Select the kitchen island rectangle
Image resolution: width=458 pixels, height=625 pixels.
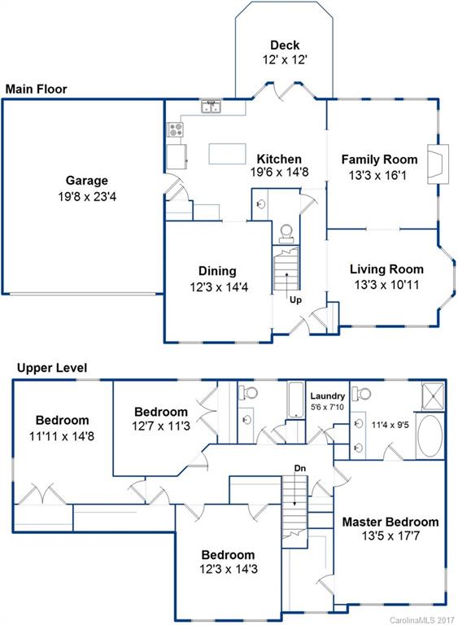coord(228,154)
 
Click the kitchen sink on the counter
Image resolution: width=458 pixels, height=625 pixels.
coord(213,107)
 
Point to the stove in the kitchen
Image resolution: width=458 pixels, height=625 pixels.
coord(175,129)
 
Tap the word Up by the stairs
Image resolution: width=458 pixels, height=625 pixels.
coord(297,299)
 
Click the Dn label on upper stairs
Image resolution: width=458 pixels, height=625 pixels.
coord(300,468)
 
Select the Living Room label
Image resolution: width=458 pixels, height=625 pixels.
coord(386,269)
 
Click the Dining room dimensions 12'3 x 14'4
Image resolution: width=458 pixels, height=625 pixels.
coord(217,286)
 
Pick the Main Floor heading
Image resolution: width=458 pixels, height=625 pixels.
coord(36,89)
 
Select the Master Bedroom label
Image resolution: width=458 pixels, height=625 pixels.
coord(390,522)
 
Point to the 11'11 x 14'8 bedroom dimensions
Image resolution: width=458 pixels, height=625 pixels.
coord(62,436)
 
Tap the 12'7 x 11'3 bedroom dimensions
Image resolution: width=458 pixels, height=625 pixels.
coord(161,426)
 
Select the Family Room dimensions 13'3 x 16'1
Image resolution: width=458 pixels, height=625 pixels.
coord(379,175)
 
